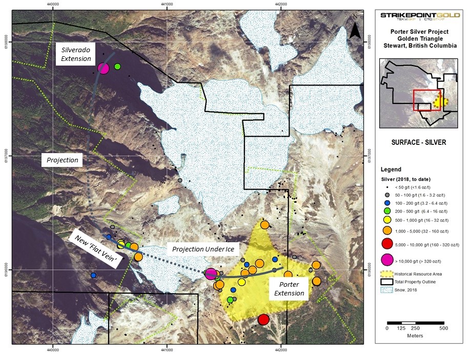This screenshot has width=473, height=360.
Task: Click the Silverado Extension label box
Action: coord(75,54)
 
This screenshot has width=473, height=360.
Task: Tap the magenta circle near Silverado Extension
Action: coord(104,68)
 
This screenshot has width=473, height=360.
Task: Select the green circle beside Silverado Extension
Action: coord(117,67)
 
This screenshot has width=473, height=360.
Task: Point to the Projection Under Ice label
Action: coord(203,249)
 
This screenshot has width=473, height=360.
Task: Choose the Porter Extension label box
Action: coord(289,289)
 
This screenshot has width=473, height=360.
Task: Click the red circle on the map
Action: coord(263,320)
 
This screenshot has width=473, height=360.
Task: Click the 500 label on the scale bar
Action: coord(444,328)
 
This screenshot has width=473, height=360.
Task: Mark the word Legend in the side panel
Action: coord(391,170)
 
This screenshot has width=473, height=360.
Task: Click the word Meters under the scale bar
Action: coord(415,336)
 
